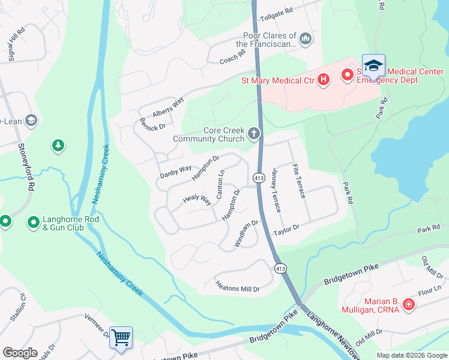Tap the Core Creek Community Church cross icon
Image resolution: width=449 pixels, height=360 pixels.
(x=255, y=133)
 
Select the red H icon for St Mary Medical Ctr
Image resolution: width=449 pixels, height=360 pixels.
(x=324, y=79)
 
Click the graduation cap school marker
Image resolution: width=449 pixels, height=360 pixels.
(x=373, y=65)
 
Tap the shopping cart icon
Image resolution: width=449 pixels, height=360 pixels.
(x=121, y=338)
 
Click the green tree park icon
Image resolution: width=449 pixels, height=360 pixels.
(x=58, y=146)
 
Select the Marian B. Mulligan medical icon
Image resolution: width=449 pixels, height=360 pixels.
(x=409, y=305)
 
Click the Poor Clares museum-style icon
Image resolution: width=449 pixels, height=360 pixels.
(x=306, y=40)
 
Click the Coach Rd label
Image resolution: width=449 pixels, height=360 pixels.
(x=233, y=57)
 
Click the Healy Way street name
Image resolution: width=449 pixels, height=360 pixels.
(x=197, y=198)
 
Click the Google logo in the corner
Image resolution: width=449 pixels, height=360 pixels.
(x=20, y=353)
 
